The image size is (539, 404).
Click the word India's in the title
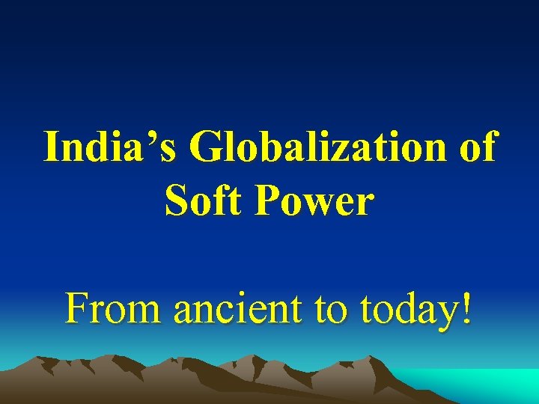tap(111, 147)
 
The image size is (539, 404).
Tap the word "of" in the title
tap(476, 147)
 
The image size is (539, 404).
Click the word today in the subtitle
tap(406, 308)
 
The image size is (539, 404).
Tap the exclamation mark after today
tap(466, 307)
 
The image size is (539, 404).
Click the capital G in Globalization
tap(210, 147)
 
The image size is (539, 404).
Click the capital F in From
tap(76, 307)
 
